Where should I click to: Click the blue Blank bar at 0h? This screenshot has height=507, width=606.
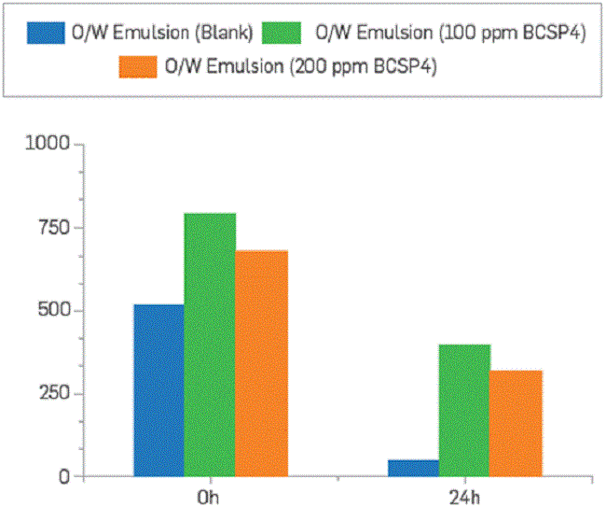pos(158,390)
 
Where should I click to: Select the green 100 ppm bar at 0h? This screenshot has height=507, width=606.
pos(210,345)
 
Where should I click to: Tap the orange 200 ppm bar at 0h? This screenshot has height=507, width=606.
pos(262,364)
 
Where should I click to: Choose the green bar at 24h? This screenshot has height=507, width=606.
pos(464,411)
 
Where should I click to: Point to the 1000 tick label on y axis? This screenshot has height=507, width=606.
pos(48,144)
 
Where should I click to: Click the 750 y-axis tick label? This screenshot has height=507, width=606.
pos(52,228)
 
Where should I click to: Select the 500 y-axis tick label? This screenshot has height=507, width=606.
pos(52,311)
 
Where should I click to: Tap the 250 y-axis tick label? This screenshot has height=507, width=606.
pos(52,394)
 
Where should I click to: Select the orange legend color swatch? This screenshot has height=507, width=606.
pos(139,67)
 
